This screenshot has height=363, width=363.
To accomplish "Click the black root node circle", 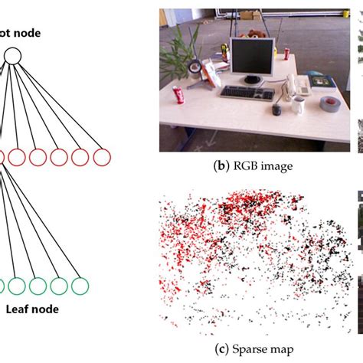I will tap(11, 55).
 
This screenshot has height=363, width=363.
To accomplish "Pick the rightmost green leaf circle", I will tap(79, 286).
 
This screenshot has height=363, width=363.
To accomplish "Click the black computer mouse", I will tap(276, 110).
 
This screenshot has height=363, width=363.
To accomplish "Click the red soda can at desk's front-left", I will tap(179, 96).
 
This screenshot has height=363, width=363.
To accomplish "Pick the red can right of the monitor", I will tap(286, 54).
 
